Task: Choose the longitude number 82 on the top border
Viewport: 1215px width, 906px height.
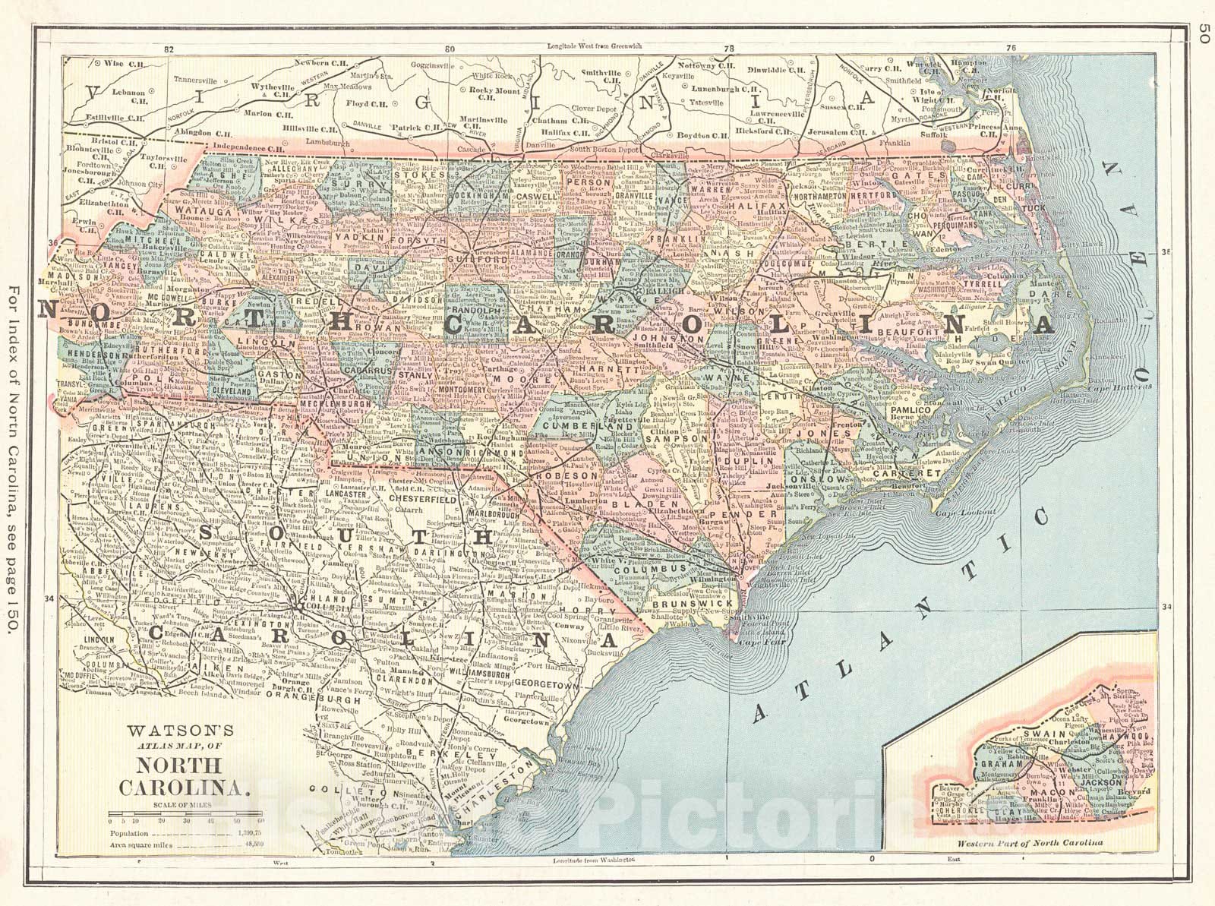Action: click(169, 49)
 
